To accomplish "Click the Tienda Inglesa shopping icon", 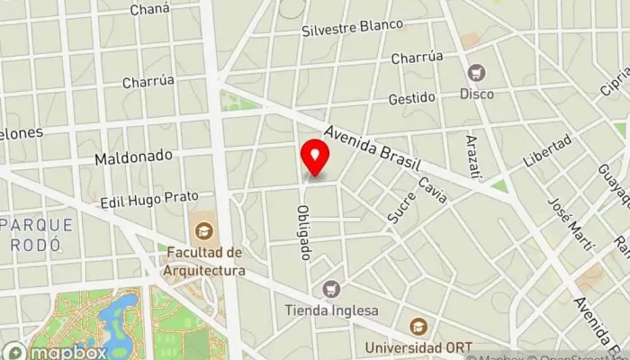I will point(332,290).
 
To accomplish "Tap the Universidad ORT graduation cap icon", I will point(418,327).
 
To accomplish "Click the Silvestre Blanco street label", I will point(352,26).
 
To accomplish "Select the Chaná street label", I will point(148,10).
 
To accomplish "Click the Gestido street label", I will point(411,97).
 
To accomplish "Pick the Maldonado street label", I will point(133,157).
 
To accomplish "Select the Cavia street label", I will point(433,189).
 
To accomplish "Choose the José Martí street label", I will point(572,221).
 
